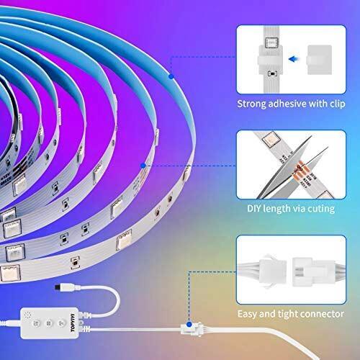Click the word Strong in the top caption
(x=251, y=104)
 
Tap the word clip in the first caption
(x=337, y=104)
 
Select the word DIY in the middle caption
(x=254, y=208)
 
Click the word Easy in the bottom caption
(x=248, y=314)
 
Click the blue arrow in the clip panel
(x=294, y=59)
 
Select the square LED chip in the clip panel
(x=271, y=42)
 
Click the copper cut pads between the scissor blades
(x=299, y=171)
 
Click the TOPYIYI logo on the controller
(x=73, y=323)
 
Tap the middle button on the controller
(x=49, y=323)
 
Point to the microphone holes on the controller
(x=28, y=315)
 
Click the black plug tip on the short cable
(x=58, y=287)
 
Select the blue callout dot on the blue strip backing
(x=171, y=76)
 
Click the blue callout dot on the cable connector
(x=189, y=324)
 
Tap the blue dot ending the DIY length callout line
(x=143, y=166)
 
